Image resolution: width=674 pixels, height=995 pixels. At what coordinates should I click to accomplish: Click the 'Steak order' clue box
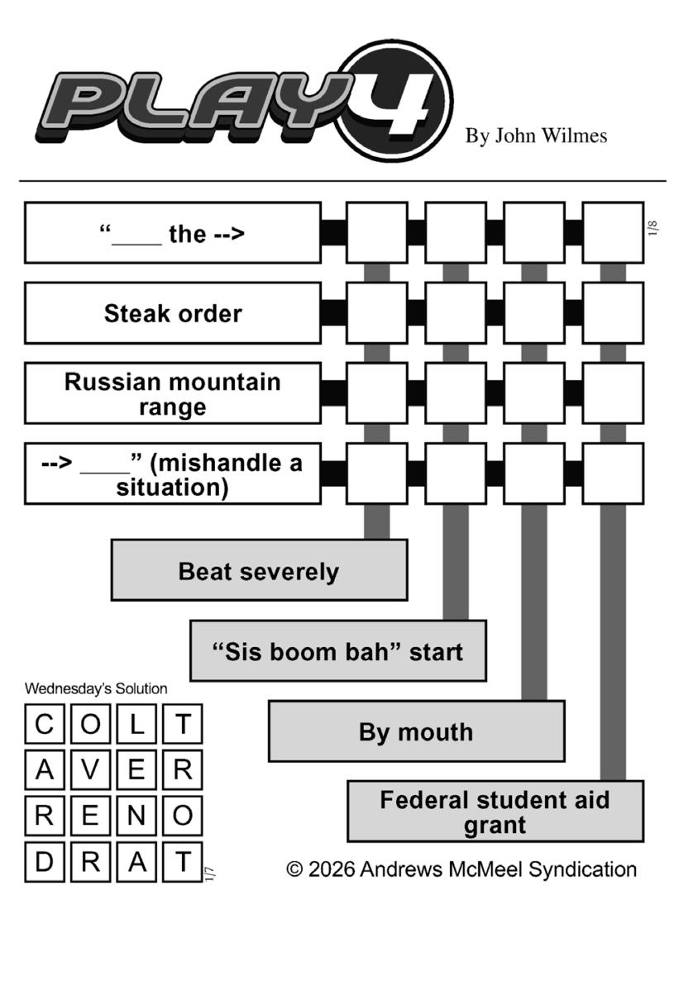[x=173, y=312]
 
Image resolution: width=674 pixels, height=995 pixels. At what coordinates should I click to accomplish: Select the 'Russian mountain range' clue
[x=173, y=393]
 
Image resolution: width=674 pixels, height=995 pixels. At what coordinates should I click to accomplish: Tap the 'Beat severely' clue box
[x=259, y=570]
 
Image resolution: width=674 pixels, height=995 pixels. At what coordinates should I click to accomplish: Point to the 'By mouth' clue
[x=417, y=731]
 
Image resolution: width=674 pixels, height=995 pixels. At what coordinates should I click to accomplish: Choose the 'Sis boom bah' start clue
[x=338, y=650]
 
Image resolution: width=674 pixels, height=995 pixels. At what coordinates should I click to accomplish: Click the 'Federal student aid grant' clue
[x=495, y=812]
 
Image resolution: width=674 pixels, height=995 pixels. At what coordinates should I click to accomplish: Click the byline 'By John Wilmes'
[x=536, y=136]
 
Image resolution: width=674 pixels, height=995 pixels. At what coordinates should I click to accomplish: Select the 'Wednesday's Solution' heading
[x=96, y=689]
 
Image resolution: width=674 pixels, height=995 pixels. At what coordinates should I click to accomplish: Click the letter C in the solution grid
[x=45, y=724]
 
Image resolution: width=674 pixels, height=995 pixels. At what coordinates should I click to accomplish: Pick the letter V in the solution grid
[x=90, y=769]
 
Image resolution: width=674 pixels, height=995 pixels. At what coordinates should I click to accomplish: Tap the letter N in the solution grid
[x=136, y=816]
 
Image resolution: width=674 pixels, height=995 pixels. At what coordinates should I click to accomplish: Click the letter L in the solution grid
[x=136, y=724]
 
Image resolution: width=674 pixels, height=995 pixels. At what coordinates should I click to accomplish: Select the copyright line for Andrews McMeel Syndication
[x=461, y=869]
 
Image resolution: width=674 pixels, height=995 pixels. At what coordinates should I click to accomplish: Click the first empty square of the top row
[x=377, y=232]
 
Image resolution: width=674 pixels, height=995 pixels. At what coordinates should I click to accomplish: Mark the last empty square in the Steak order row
[x=613, y=312]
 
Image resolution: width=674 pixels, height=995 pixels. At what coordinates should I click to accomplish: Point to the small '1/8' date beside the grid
[x=652, y=228]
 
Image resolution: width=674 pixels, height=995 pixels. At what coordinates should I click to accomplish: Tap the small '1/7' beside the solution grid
[x=210, y=874]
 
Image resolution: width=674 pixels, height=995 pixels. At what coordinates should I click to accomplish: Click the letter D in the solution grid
[x=45, y=862]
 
